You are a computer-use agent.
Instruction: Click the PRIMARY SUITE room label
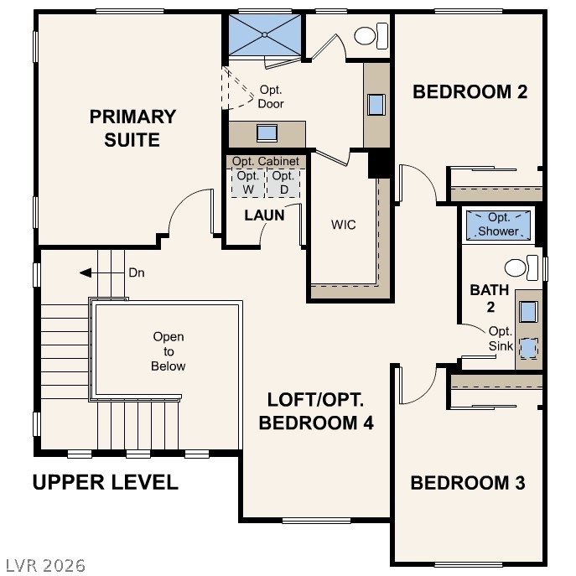pos(132,128)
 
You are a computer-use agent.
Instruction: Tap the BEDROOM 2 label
pos(470,92)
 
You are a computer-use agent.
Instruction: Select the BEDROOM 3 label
pos(467,483)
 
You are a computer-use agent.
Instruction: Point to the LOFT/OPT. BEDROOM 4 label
pos(316,411)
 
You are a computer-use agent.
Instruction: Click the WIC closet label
pos(344,225)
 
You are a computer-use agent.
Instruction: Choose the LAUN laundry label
pos(264,215)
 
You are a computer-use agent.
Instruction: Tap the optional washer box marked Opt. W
pos(247,182)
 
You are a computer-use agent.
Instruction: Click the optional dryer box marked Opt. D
pos(283,182)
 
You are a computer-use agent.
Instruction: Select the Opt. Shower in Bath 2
pos(499,224)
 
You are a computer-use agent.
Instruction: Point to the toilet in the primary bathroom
pos(369,35)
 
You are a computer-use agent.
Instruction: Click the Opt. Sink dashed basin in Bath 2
pos(527,347)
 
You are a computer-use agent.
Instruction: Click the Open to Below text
pos(168,351)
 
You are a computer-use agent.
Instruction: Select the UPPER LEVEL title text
pos(105,482)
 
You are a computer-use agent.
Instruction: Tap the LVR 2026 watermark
pos(44,565)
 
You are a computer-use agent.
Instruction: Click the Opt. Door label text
pos(271,97)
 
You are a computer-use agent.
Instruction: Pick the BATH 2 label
pos(489,298)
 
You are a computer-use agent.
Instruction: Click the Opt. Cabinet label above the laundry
pos(265,161)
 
